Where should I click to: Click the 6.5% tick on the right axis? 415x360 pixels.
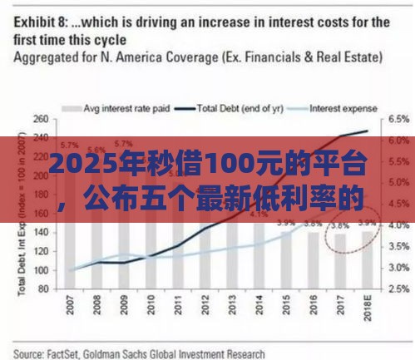(x=399, y=121)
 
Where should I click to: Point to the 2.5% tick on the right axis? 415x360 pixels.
(x=399, y=288)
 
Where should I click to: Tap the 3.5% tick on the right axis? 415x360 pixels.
(x=399, y=246)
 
